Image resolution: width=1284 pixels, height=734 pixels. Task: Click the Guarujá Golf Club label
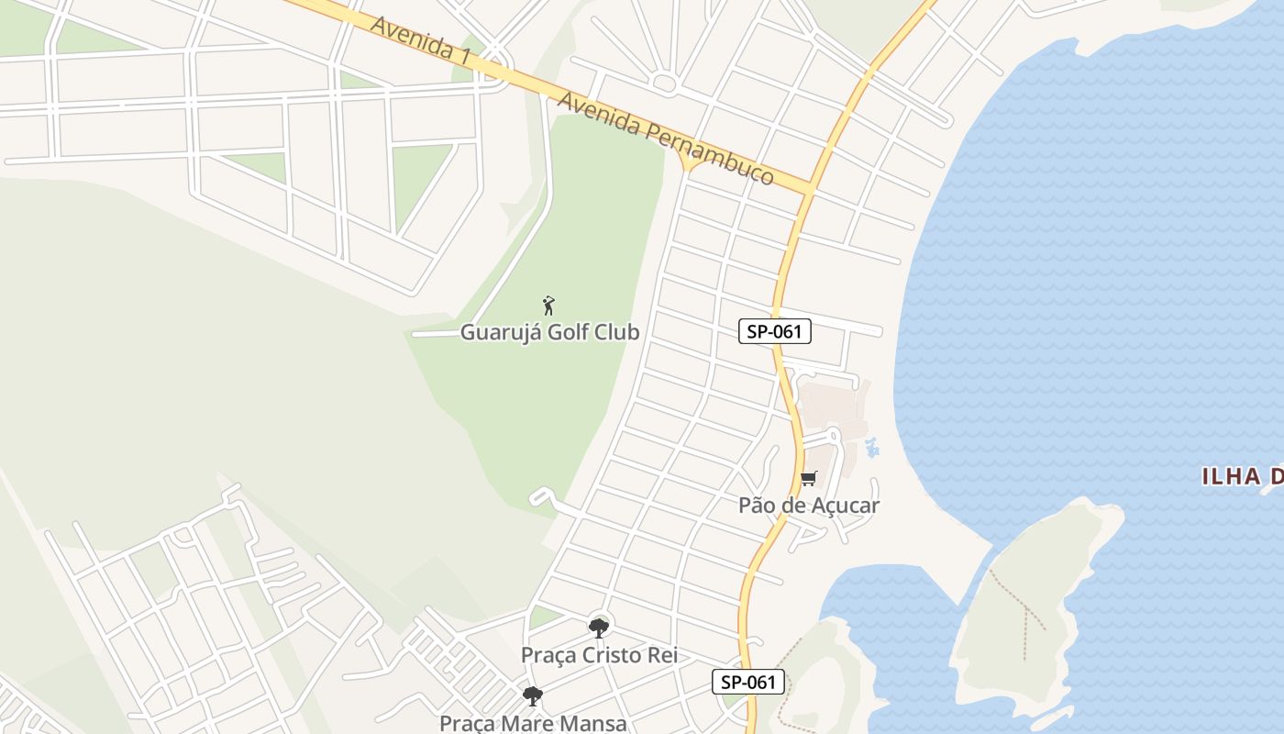coord(549,332)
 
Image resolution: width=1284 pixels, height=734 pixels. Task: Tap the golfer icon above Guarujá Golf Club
coord(548,306)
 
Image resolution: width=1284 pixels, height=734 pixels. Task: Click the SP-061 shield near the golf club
coord(775,331)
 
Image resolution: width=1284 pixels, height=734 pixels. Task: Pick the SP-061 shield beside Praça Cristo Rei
coord(748,682)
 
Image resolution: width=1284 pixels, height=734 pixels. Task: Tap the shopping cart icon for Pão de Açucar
coord(808,478)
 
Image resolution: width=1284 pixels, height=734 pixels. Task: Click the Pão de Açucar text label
coord(809,506)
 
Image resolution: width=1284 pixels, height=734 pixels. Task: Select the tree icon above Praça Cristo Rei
coord(599,628)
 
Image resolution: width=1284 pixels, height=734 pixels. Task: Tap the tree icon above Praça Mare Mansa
coord(533,696)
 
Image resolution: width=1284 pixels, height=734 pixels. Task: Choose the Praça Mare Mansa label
coord(533,723)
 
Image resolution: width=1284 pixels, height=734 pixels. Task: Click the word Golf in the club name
coord(568,332)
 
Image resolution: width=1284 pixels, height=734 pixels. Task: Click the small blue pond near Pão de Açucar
coord(871,449)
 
